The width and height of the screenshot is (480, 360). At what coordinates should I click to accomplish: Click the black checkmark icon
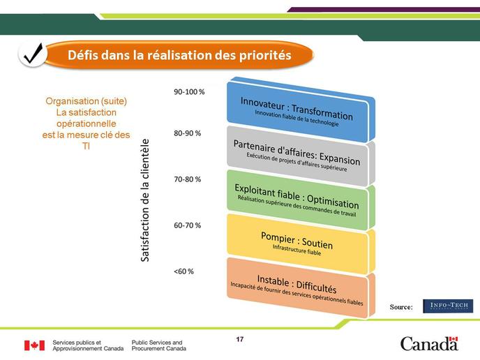pyautogui.click(x=33, y=54)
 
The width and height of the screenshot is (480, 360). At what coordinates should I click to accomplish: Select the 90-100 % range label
pyautogui.click(x=189, y=92)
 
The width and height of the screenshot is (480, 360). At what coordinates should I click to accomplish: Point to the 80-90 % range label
pyautogui.click(x=188, y=133)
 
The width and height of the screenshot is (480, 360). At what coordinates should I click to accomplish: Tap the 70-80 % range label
pyautogui.click(x=188, y=179)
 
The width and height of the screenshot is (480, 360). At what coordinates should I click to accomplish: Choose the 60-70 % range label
pyautogui.click(x=188, y=225)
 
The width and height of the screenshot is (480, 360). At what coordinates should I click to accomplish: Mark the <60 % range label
pyautogui.click(x=183, y=271)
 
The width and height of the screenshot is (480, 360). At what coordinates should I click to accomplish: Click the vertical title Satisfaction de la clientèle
pyautogui.click(x=145, y=200)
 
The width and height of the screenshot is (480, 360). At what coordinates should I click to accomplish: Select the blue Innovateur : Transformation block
pyautogui.click(x=301, y=110)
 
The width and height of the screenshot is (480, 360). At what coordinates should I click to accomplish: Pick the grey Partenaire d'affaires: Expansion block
pyautogui.click(x=301, y=156)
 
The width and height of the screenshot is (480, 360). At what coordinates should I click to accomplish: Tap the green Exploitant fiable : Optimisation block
pyautogui.click(x=301, y=200)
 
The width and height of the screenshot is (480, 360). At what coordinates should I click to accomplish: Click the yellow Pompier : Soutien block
pyautogui.click(x=301, y=244)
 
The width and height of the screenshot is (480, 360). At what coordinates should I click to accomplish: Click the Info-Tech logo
pyautogui.click(x=448, y=306)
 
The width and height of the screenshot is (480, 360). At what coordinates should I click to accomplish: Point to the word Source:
pyautogui.click(x=401, y=307)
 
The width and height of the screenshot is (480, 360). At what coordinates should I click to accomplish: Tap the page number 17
pyautogui.click(x=240, y=339)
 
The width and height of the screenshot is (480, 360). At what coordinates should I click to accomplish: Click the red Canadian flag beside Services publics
pyautogui.click(x=35, y=345)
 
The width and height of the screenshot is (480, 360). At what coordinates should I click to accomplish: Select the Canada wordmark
pyautogui.click(x=429, y=343)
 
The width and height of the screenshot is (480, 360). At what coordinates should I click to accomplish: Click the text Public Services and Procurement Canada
pyautogui.click(x=159, y=345)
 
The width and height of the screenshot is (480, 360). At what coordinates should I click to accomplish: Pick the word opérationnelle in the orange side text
pyautogui.click(x=87, y=123)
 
